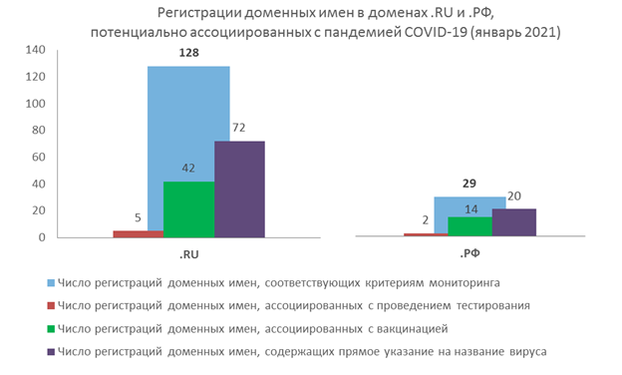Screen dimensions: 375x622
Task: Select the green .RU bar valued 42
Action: tap(189, 209)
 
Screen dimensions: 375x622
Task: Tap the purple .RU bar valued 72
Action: tap(239, 189)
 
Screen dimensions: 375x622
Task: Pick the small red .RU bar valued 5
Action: tap(138, 234)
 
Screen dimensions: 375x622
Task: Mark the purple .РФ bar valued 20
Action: tap(513, 223)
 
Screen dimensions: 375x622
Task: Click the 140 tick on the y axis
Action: tap(36, 50)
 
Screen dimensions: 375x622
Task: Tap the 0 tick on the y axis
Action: tap(42, 237)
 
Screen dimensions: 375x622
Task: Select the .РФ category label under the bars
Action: tap(469, 253)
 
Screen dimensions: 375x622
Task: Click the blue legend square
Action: tap(50, 282)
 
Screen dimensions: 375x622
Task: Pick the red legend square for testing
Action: tap(50, 305)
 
